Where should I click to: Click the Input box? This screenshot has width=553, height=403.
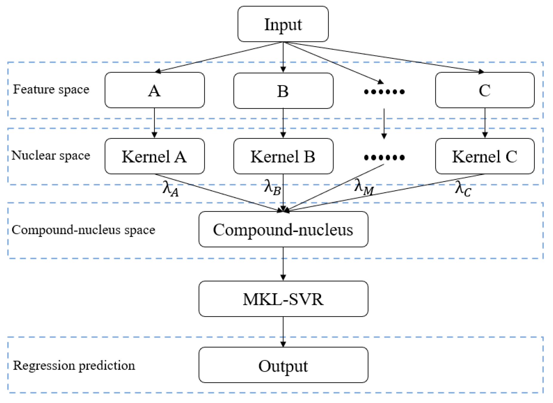pyautogui.click(x=283, y=24)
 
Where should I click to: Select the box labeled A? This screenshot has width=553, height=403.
pyautogui.click(x=154, y=90)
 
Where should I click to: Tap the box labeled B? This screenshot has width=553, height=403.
pyautogui.click(x=283, y=91)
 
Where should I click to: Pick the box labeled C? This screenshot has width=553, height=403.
pyautogui.click(x=484, y=90)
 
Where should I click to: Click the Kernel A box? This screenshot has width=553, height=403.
pyautogui.click(x=154, y=156)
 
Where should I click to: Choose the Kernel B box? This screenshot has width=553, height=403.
pyautogui.click(x=283, y=156)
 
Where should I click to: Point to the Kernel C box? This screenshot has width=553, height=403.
pyautogui.click(x=484, y=156)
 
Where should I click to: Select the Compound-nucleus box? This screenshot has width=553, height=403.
pyautogui.click(x=283, y=229)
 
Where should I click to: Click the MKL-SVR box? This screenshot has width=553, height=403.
pyautogui.click(x=283, y=299)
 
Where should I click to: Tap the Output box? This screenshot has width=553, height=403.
pyautogui.click(x=283, y=365)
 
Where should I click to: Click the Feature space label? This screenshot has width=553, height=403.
pyautogui.click(x=51, y=89)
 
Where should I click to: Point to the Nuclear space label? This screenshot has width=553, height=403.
pyautogui.click(x=51, y=155)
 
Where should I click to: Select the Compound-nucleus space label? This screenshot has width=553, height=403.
pyautogui.click(x=83, y=230)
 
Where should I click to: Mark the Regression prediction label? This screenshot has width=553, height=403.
pyautogui.click(x=74, y=365)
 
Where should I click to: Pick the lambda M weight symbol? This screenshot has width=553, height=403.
pyautogui.click(x=363, y=187)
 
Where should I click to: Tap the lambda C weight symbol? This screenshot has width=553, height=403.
pyautogui.click(x=463, y=189)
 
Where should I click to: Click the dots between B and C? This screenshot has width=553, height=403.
pyautogui.click(x=384, y=92)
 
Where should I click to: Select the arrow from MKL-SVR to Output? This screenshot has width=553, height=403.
pyautogui.click(x=283, y=331)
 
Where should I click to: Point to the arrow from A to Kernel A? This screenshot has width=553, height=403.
pyautogui.click(x=154, y=123)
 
